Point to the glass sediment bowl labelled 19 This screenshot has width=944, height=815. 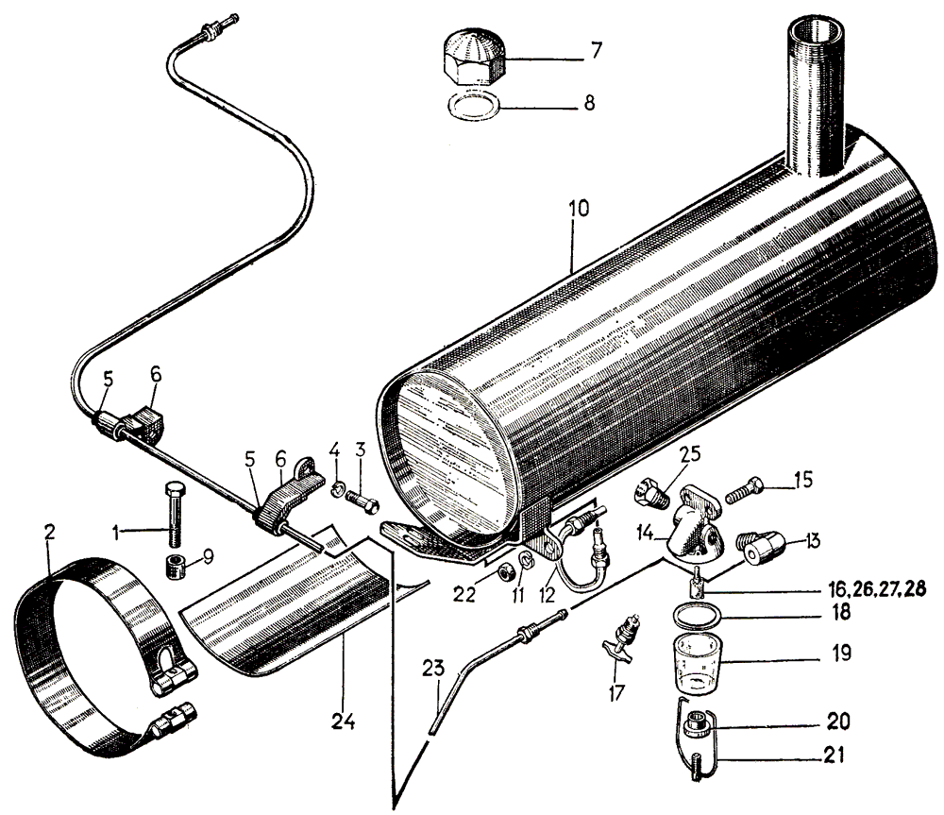699,659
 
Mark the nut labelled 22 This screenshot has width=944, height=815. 505,569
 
